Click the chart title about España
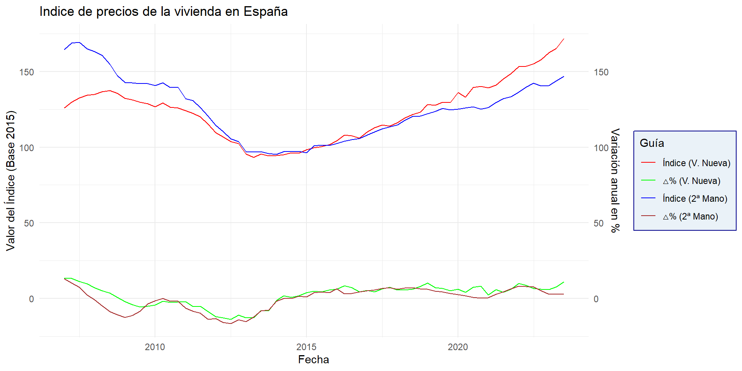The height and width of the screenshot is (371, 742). pos(163,12)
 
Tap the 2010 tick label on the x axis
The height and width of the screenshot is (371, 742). pos(155,347)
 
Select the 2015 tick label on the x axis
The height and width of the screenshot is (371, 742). pos(306,347)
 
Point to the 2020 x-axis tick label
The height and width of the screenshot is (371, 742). pos(458,347)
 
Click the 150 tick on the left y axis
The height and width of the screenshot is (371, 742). pos(27,72)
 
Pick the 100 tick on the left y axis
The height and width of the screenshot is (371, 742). pos(27,148)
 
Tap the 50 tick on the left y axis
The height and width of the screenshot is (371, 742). pos(29,223)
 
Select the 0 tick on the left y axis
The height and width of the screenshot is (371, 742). pos(31,299)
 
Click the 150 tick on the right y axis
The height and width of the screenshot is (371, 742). pos(601,72)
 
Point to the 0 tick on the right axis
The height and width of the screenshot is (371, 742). pos(596,299)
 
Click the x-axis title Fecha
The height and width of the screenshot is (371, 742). pos(313,359)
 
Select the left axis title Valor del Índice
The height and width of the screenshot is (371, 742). pos(11,181)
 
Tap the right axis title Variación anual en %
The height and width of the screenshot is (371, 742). pos(615,180)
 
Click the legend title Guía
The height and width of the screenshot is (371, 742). pos(652,143)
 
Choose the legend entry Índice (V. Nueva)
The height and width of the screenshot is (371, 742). pos(696,163)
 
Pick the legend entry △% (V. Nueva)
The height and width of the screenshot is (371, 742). pos(691,181)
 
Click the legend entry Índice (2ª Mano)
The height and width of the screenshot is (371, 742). pos(694,199)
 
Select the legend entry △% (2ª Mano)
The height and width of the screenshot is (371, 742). pos(690,216)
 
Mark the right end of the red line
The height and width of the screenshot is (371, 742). pos(564,39)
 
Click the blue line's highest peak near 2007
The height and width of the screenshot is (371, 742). pos(79,43)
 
